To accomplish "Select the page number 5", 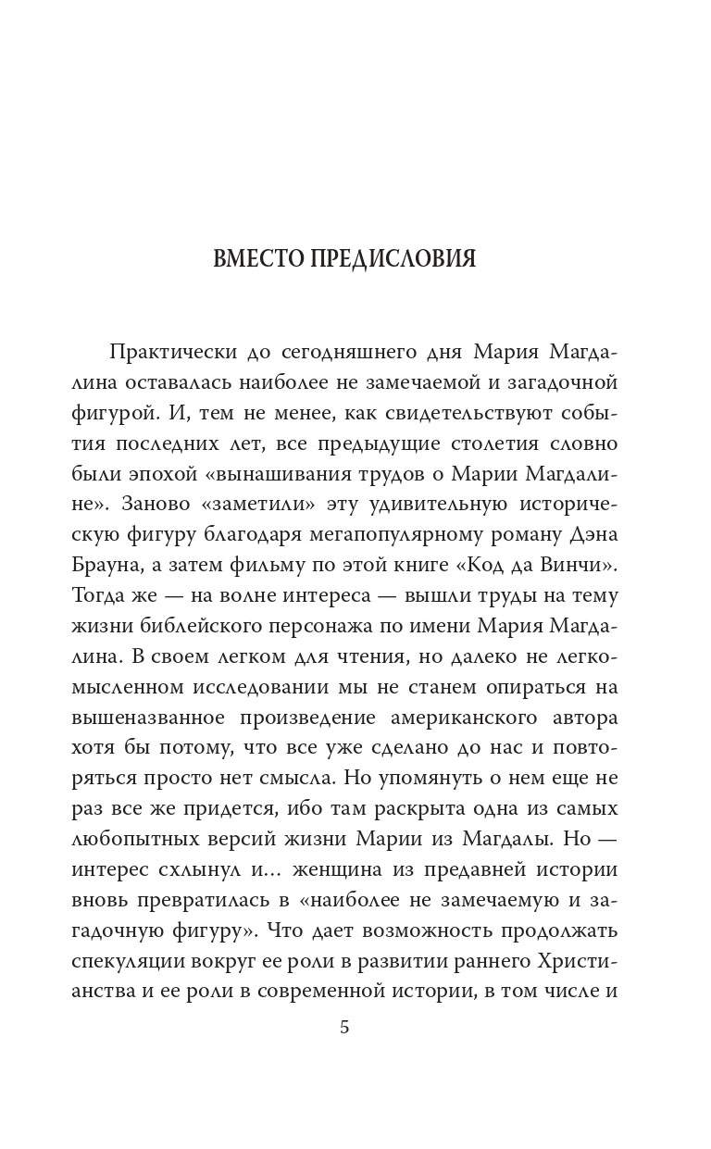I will (344, 1028).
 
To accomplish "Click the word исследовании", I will (270, 689).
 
